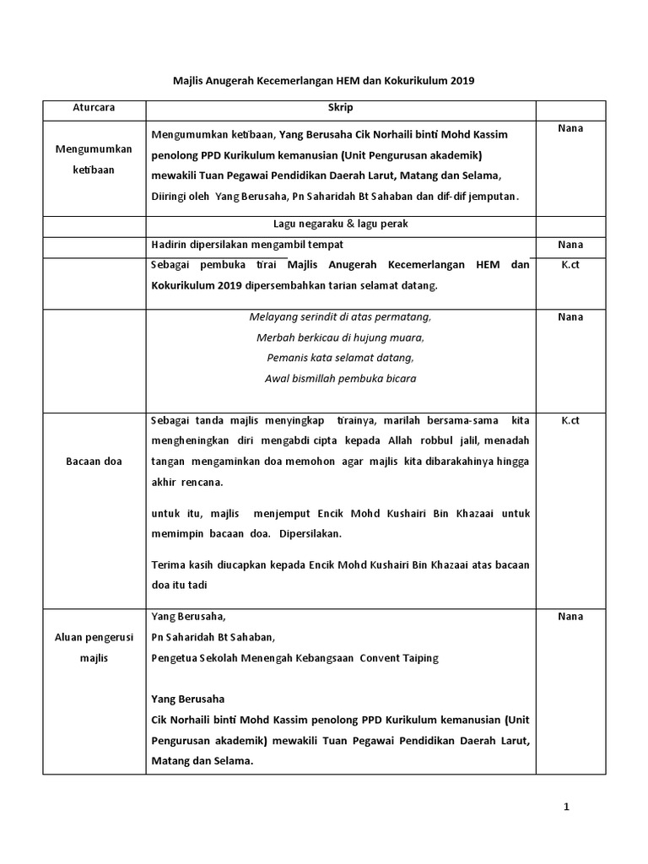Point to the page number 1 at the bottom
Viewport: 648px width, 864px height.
coord(567,807)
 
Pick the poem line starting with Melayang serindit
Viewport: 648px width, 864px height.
coord(340,317)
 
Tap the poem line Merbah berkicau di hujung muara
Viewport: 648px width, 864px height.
coord(340,337)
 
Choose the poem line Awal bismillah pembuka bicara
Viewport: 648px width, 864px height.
coord(340,378)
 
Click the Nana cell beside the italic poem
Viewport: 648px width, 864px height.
coord(570,317)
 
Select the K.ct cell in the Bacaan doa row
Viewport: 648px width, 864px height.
coord(570,419)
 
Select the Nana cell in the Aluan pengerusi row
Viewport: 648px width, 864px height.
coord(570,617)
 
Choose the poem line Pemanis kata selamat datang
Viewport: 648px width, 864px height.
coord(340,358)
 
